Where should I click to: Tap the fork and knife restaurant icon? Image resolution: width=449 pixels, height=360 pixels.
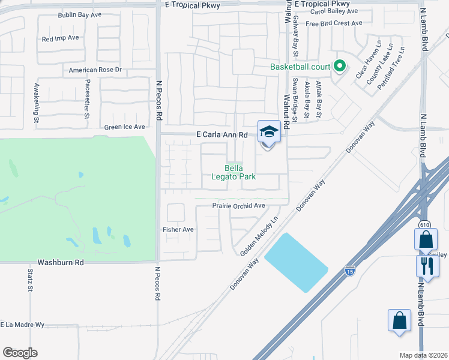click(427, 266)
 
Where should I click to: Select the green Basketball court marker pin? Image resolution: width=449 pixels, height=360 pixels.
click(340, 67)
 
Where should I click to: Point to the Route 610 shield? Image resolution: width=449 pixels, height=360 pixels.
click(425, 224)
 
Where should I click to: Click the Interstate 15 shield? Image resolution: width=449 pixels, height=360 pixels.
click(349, 270)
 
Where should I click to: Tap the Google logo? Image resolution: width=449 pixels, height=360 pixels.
click(20, 353)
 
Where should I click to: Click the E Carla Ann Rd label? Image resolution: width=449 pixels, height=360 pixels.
click(222, 136)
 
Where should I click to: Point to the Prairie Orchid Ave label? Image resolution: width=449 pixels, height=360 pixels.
click(238, 206)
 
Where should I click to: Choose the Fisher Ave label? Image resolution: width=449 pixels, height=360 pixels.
click(178, 229)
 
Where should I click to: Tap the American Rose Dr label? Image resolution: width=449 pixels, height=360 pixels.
click(95, 70)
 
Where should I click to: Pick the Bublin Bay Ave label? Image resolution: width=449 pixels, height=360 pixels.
click(79, 14)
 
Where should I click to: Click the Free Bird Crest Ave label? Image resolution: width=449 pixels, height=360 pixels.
click(334, 23)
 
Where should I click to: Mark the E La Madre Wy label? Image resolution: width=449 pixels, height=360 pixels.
click(23, 325)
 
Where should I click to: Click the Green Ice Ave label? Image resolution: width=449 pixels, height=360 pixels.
click(125, 127)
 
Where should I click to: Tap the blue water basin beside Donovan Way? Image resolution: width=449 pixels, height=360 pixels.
click(296, 262)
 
